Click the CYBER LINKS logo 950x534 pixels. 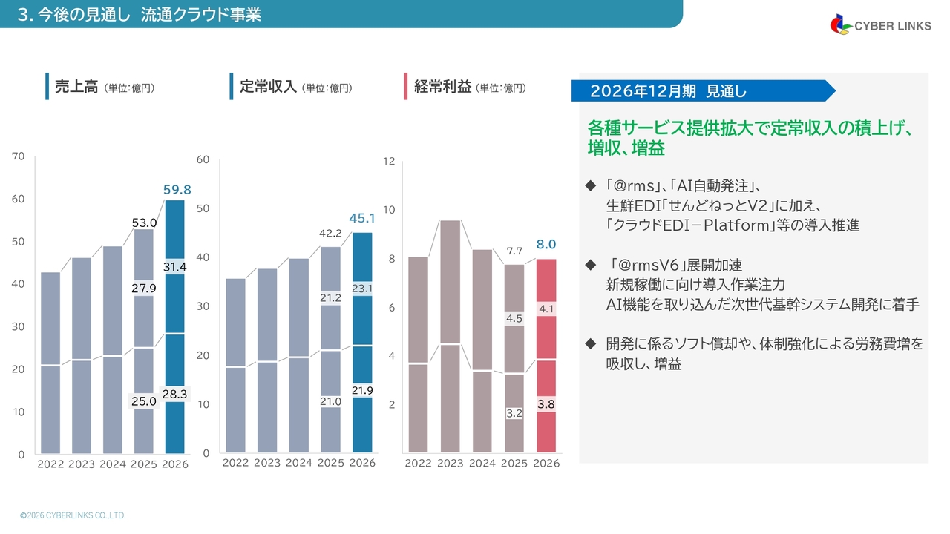880,25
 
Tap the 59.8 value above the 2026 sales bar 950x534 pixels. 177,190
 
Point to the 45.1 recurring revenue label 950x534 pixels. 362,218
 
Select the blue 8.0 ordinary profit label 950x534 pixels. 546,244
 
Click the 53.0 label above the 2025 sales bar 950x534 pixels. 144,222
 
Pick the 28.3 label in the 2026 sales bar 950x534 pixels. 174,395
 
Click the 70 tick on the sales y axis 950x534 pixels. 19,156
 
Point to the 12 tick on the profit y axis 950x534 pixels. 388,162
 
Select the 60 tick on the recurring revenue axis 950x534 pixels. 203,159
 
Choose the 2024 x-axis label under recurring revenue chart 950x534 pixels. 299,463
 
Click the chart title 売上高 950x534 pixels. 76,87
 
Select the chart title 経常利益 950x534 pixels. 443,87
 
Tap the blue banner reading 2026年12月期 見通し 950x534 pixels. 701,90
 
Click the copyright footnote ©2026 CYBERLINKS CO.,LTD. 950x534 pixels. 73,515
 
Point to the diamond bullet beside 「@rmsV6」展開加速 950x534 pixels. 591,265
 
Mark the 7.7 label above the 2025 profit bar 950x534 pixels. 515,251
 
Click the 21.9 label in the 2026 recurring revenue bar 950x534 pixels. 362,390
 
